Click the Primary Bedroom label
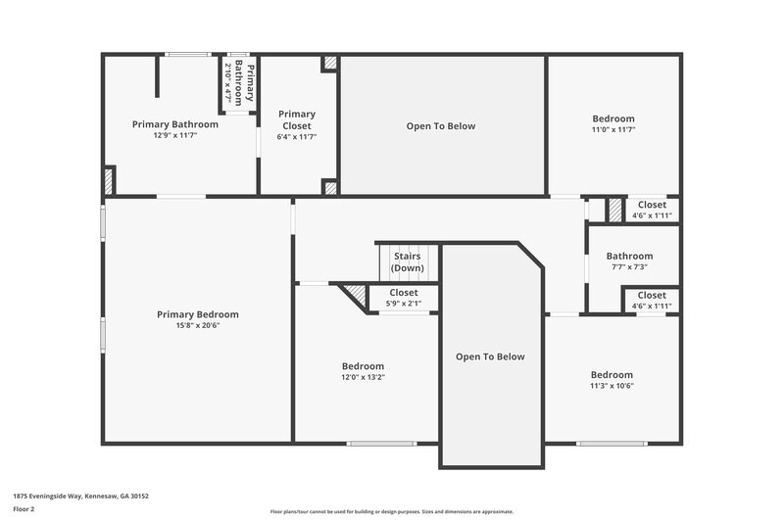coord(197,314)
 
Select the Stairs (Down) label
coord(407,262)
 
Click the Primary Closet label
coord(297,119)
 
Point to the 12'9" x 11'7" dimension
coord(175,136)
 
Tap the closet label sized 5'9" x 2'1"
coord(404,292)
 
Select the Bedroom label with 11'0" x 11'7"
coord(613,119)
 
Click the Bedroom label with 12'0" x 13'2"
coord(363,366)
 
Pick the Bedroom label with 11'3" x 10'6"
coord(612,375)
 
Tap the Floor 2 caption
coord(24,509)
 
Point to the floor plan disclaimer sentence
coord(392,511)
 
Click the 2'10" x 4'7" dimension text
coord(228,83)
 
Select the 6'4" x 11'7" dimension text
coord(297,136)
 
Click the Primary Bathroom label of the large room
coord(175,124)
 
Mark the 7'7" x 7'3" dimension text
coord(629,266)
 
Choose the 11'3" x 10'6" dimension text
coord(612,386)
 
